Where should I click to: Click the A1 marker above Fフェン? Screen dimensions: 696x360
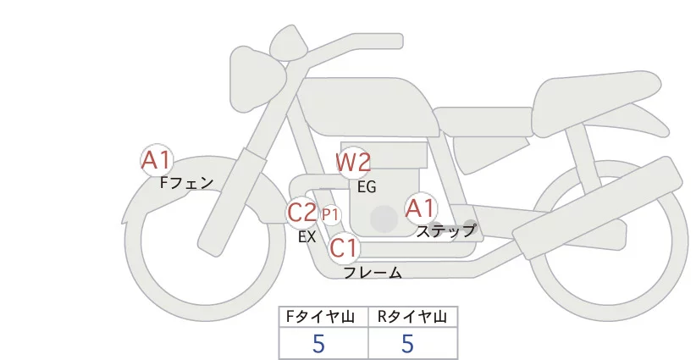[157, 159]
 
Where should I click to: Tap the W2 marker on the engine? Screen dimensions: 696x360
[353, 162]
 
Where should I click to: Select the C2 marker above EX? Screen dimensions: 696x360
[302, 212]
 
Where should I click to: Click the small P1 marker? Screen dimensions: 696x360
[330, 215]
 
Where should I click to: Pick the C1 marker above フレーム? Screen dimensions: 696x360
[344, 248]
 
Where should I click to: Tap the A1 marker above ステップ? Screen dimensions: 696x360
[420, 208]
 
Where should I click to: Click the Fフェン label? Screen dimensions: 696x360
[186, 182]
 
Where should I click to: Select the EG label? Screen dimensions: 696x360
[367, 186]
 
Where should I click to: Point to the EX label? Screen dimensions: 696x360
[307, 237]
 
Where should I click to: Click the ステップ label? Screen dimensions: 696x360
[445, 230]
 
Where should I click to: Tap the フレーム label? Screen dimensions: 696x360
[373, 273]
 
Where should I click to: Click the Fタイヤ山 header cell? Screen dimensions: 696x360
[323, 318]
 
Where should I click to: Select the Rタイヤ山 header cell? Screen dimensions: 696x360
[412, 318]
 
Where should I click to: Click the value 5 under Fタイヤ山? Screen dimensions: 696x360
[319, 344]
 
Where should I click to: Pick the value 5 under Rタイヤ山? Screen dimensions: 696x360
[407, 344]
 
